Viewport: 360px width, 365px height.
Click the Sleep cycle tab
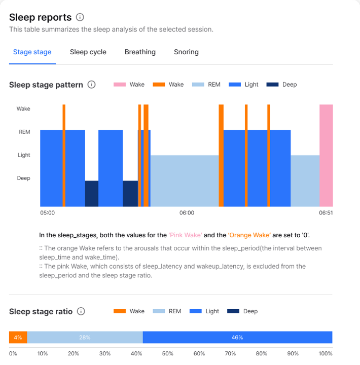pyautogui.click(x=88, y=52)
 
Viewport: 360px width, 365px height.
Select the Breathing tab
pyautogui.click(x=140, y=52)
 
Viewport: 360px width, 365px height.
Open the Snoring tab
pyautogui.click(x=186, y=52)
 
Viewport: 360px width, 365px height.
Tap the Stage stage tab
pyautogui.click(x=32, y=52)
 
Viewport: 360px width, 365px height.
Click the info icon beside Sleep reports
pyautogui.click(x=80, y=18)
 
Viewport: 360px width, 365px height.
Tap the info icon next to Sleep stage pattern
pyautogui.click(x=91, y=85)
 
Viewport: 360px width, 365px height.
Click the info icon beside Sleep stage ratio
pyautogui.click(x=81, y=311)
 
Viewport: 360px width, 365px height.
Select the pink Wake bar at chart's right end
pyautogui.click(x=326, y=155)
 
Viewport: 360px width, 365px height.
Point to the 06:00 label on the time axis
pyautogui.click(x=187, y=213)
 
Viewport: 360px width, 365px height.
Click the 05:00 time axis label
pyautogui.click(x=47, y=213)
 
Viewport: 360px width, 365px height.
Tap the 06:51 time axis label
pyautogui.click(x=326, y=213)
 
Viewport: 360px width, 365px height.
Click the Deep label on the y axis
pyautogui.click(x=23, y=178)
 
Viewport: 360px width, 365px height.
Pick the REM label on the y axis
pyautogui.click(x=24, y=132)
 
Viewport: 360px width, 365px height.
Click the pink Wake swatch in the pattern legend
pyautogui.click(x=119, y=85)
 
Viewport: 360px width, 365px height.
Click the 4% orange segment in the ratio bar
pyautogui.click(x=18, y=337)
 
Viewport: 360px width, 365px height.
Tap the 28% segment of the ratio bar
pyautogui.click(x=85, y=337)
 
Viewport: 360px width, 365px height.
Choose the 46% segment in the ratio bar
pyautogui.click(x=237, y=337)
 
